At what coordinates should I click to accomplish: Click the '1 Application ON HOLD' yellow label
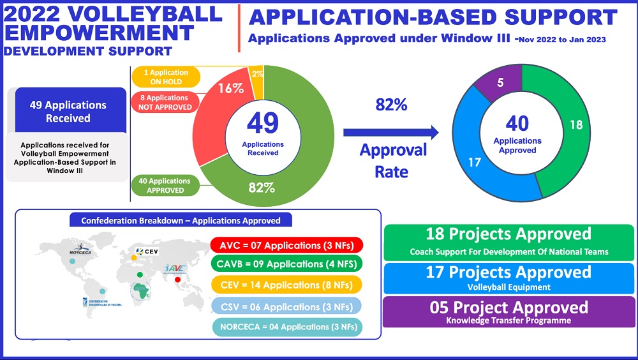tap(165, 77)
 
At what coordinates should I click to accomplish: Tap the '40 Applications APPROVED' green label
tap(165, 186)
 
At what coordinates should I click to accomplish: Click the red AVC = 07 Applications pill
tap(286, 245)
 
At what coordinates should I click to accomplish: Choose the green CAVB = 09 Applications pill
tap(286, 264)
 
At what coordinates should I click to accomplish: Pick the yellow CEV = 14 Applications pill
tap(286, 285)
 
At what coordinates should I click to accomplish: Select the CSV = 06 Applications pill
tap(286, 307)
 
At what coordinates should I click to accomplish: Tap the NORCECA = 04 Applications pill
tap(286, 327)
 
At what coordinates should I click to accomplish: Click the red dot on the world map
tap(179, 278)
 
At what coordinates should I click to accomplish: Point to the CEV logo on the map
tap(147, 251)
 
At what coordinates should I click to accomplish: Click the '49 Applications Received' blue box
tap(68, 112)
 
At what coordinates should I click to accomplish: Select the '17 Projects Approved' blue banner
tap(508, 276)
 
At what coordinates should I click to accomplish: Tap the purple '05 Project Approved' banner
tap(508, 311)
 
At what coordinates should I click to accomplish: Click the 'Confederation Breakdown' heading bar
tap(181, 221)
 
